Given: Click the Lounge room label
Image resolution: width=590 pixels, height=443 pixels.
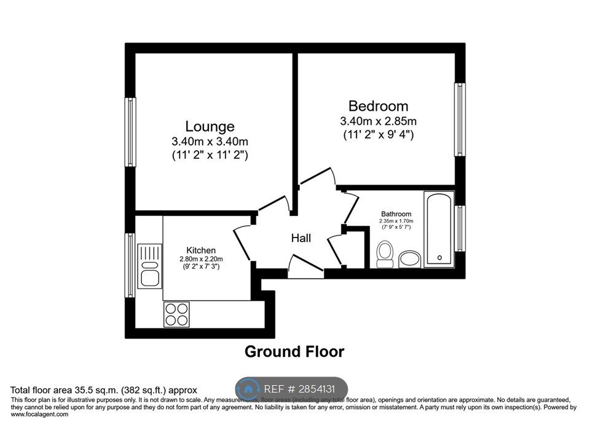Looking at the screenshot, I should click(210, 127).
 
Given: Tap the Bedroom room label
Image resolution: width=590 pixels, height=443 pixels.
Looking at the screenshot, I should click(378, 106).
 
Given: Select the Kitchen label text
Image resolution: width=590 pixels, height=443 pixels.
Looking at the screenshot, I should click(201, 250).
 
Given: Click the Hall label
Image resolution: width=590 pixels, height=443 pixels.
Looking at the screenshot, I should click(301, 237).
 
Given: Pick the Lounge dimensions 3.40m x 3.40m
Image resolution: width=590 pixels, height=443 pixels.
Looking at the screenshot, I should click(210, 142).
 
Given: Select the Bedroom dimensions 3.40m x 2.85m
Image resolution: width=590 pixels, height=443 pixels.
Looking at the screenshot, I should click(378, 121).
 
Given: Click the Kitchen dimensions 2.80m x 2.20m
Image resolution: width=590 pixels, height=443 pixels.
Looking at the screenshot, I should click(201, 258).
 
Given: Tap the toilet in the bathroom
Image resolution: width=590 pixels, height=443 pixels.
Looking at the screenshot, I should click(385, 254).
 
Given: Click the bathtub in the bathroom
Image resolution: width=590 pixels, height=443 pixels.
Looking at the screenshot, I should click(439, 228).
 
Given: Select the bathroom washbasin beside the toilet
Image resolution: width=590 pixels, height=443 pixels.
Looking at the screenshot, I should click(409, 259).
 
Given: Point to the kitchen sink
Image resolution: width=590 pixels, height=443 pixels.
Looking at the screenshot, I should click(149, 265).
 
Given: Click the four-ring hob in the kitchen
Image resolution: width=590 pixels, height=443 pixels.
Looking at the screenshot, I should click(176, 314).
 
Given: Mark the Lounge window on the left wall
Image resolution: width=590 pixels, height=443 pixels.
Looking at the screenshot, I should click(130, 132).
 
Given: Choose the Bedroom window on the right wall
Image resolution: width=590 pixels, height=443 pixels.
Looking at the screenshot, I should click(460, 119).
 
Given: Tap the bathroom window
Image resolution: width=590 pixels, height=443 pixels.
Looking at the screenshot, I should click(460, 228).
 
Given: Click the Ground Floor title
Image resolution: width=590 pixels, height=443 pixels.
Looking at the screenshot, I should click(294, 352).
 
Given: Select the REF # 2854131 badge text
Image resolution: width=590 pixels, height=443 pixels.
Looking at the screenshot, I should click(300, 389).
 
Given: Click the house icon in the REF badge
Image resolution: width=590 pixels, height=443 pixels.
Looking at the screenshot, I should click(249, 389).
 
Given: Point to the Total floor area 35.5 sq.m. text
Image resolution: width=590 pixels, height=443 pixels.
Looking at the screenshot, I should click(103, 390).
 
